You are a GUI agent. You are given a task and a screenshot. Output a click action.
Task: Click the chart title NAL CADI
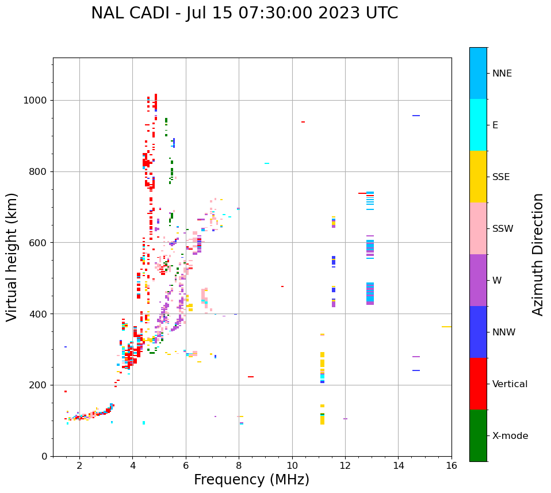[x=244, y=13]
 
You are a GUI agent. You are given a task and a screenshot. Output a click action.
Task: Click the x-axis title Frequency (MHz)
[x=251, y=480]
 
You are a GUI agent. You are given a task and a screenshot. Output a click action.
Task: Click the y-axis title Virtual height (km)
[x=12, y=257]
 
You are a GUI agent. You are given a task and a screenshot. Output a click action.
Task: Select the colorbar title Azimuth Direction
[x=538, y=254]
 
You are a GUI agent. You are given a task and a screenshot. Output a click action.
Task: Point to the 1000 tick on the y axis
[x=39, y=100]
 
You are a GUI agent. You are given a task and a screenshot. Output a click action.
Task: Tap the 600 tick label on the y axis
[x=39, y=243]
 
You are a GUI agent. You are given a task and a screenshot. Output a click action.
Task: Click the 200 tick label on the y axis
[x=39, y=385]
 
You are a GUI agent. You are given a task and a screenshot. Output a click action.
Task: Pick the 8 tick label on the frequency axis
[x=239, y=465]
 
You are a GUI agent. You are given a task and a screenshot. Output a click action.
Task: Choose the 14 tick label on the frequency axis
[x=398, y=465]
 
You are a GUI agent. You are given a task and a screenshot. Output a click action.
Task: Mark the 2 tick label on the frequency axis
[x=79, y=465]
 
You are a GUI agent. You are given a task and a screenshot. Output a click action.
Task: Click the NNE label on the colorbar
[x=502, y=74]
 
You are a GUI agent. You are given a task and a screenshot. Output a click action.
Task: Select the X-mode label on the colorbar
[x=510, y=436]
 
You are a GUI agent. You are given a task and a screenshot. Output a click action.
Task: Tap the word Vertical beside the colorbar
[x=510, y=384]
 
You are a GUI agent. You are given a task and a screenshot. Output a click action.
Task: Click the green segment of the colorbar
[x=478, y=435]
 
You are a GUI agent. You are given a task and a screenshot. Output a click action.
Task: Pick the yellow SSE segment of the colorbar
[x=478, y=177]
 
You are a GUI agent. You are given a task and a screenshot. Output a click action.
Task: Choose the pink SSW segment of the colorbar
[x=478, y=228]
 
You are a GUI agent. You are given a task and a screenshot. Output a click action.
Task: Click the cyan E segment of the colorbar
[x=478, y=125]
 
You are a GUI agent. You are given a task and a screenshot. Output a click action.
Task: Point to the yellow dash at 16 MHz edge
[x=446, y=327]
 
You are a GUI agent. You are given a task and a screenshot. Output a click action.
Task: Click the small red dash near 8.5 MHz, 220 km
[x=251, y=377]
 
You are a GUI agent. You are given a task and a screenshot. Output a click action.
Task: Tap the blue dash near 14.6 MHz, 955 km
[x=416, y=116]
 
